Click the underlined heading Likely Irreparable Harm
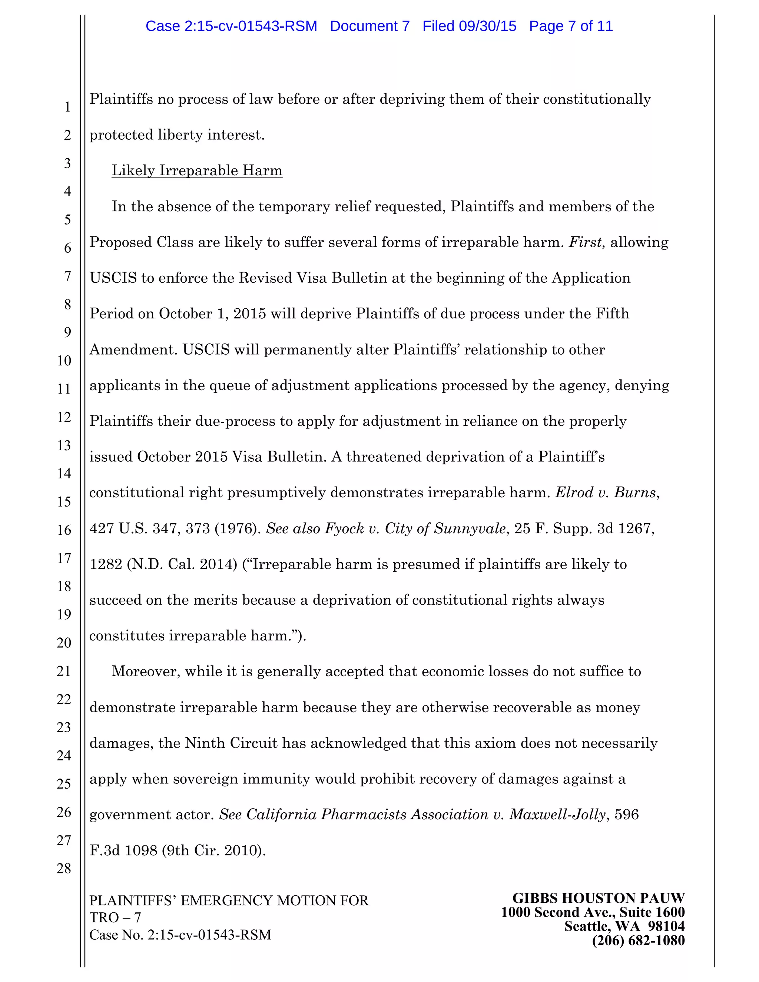coord(196,170)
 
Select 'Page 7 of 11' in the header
coord(571,26)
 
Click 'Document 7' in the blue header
coord(369,26)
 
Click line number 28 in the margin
coord(64,868)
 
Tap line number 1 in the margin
coord(67,107)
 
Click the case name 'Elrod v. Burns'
coord(606,493)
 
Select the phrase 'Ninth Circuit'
coord(231,743)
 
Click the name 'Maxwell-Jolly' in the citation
coord(557,815)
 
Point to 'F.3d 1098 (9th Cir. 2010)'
coord(178,851)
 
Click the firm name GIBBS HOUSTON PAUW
coord(598,898)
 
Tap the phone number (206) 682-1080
coord(638,940)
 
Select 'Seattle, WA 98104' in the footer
coord(624,926)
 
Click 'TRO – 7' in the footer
coord(115,917)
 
